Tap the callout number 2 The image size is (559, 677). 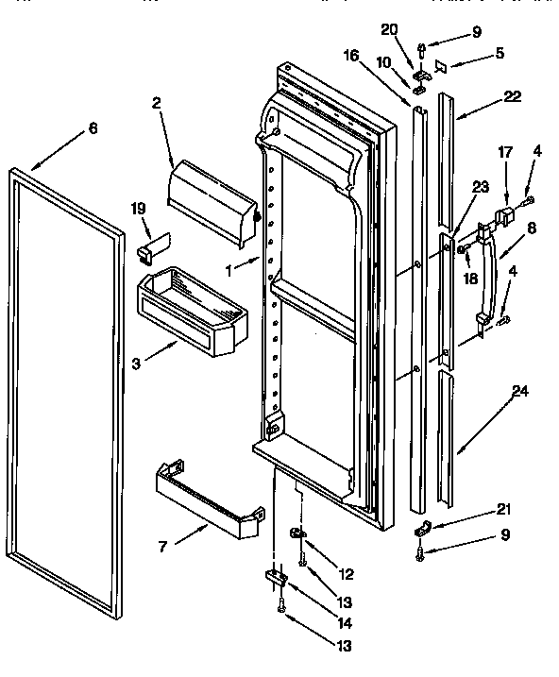(x=157, y=103)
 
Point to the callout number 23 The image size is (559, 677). (x=481, y=188)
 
